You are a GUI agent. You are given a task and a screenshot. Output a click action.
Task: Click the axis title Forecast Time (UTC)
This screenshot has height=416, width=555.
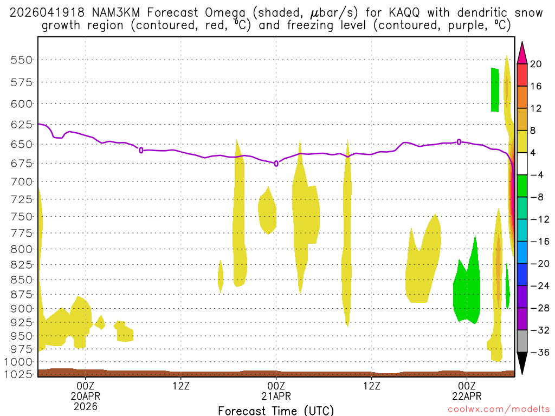pyautogui.click(x=276, y=410)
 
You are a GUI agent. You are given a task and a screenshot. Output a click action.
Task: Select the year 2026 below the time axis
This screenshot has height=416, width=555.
pyautogui.click(x=85, y=406)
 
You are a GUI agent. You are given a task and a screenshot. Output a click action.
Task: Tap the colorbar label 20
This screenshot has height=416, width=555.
pyautogui.click(x=536, y=64)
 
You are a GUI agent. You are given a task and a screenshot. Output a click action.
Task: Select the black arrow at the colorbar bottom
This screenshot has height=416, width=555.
pyautogui.click(x=522, y=363)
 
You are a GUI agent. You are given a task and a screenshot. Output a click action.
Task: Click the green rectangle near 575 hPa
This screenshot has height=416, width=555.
pyautogui.click(x=495, y=89)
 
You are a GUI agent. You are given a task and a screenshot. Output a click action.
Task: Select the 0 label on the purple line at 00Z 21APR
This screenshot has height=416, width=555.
pyautogui.click(x=276, y=163)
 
